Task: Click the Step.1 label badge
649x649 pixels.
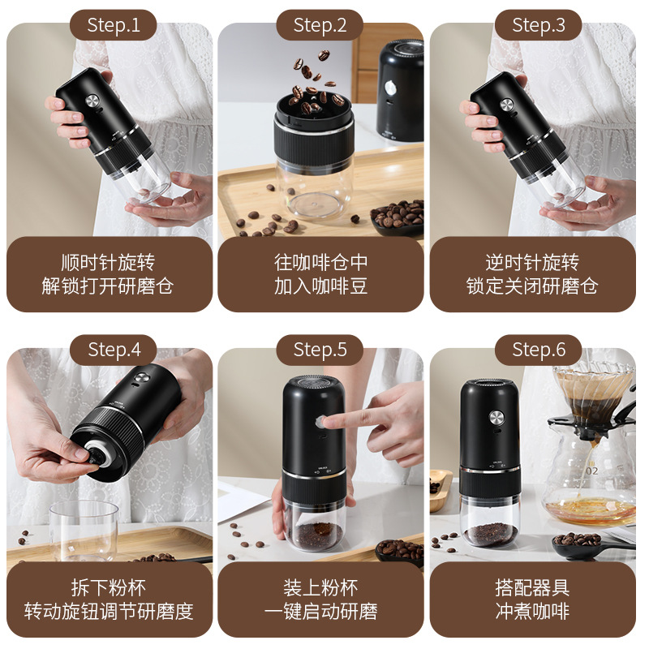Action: pyautogui.click(x=114, y=25)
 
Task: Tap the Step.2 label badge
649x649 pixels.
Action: pyautogui.click(x=320, y=25)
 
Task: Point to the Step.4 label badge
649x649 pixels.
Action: pyautogui.click(x=114, y=350)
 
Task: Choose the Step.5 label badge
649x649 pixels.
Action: pyautogui.click(x=320, y=350)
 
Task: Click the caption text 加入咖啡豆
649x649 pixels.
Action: pyautogui.click(x=320, y=286)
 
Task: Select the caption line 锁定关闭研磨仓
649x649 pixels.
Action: pyautogui.click(x=532, y=286)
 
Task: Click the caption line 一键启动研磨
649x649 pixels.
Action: pyautogui.click(x=320, y=611)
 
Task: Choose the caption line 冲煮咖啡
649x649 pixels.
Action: pyautogui.click(x=532, y=611)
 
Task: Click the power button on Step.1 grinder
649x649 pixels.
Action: pyautogui.click(x=91, y=102)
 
